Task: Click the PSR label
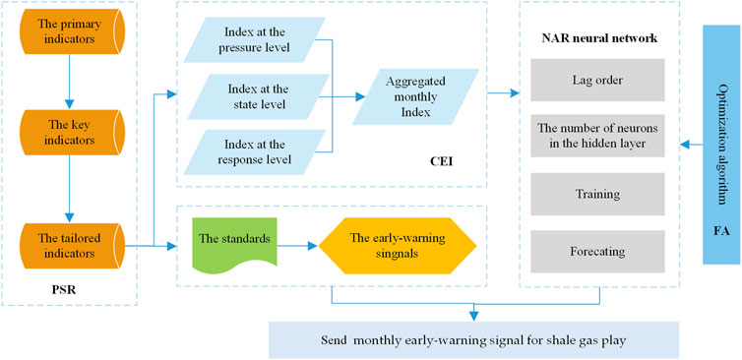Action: click(x=65, y=292)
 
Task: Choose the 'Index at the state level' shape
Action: click(x=258, y=96)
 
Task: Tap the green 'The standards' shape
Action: click(x=236, y=239)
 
